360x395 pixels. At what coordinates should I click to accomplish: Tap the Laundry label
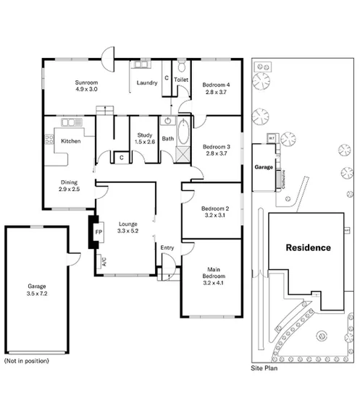coord(147,83)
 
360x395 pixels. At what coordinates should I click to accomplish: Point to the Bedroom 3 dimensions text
coord(217,153)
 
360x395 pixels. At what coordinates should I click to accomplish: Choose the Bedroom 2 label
coord(216,211)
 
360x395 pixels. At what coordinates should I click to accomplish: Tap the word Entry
coord(167,248)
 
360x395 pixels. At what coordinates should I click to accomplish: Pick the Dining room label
coord(69,184)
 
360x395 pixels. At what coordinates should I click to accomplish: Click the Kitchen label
coord(70,140)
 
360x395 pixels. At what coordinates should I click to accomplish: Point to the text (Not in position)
coord(27,360)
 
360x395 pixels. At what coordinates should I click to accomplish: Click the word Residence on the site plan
coord(308,247)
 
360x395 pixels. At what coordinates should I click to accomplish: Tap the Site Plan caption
coord(264,368)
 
